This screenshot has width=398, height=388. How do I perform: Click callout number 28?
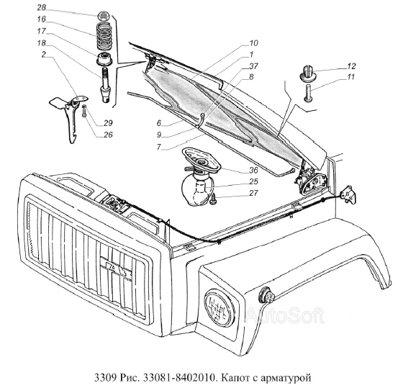coord(41,7)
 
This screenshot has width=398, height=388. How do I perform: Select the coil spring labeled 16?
coord(104,36)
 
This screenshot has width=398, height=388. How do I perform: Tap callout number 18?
coord(41,43)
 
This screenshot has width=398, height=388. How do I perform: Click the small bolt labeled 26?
coord(84,110)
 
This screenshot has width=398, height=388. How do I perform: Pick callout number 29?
coord(108,123)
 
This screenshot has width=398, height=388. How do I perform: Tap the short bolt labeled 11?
coord(308,93)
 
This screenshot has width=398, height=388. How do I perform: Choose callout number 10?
coord(253,43)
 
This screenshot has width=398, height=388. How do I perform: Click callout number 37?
coord(253,66)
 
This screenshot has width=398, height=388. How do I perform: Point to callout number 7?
coord(158,147)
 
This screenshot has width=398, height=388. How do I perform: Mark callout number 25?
coord(253,181)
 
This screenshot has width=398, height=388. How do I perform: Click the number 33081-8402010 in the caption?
coord(180,378)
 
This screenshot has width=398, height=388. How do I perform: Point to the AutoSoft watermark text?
coord(286,315)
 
